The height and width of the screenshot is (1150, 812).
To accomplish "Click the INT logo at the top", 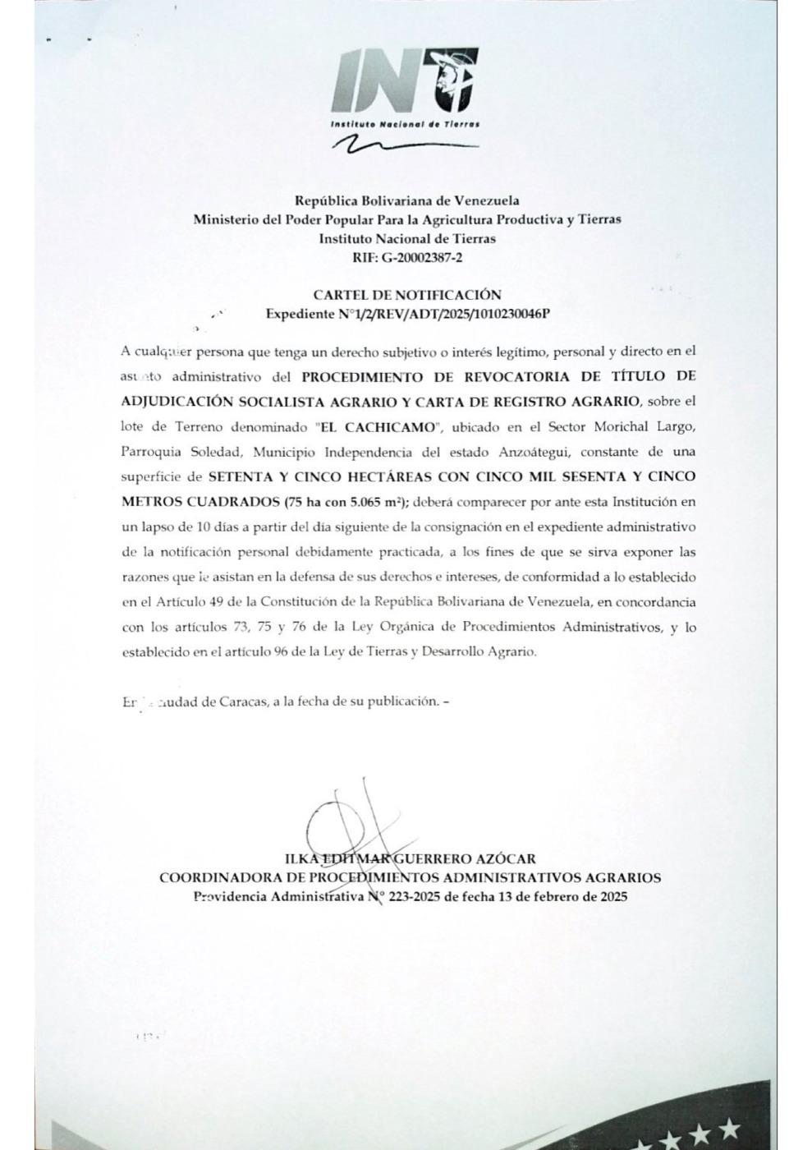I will [406, 81].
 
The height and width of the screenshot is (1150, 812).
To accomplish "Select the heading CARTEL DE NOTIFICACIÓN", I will [407, 294].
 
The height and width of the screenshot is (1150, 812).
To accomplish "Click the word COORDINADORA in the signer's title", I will [209, 877].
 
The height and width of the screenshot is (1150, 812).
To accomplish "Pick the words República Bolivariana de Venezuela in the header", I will [407, 200].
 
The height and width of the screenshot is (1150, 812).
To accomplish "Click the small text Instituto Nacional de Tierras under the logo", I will [404, 123].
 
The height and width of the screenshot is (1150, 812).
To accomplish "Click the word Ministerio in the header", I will [226, 219].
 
